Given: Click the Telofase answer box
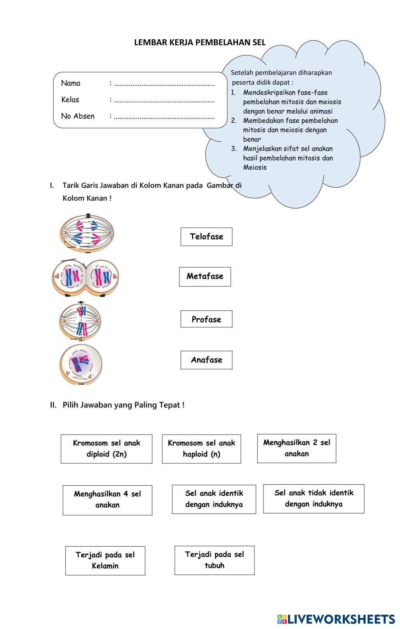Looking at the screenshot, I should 206,236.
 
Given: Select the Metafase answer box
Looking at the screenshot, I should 205,276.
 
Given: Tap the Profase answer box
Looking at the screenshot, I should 206,319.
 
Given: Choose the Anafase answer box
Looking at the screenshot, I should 206,360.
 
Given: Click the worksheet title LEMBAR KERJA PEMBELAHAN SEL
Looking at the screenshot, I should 200,42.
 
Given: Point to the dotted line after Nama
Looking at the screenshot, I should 164,84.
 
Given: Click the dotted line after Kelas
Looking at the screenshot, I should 164,100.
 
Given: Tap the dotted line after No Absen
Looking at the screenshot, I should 164,117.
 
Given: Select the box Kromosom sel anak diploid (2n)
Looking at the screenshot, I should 106,449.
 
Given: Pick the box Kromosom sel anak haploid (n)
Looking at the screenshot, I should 201,449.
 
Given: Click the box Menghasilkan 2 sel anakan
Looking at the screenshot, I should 296,448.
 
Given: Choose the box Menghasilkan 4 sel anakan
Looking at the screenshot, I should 107,499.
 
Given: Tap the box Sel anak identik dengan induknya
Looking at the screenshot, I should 214,499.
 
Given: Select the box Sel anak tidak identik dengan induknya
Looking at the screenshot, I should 314,499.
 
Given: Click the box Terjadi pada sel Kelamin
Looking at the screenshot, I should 105,560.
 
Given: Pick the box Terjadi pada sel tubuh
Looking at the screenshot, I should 214,560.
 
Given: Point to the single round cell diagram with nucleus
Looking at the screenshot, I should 81,363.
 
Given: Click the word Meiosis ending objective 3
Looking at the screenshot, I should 255,167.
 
